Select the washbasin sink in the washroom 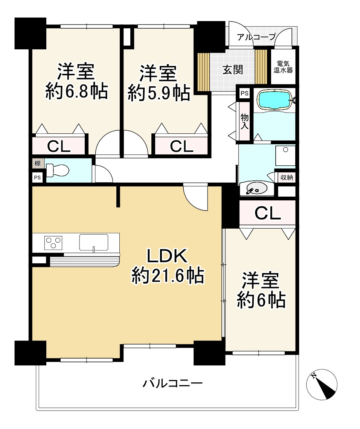click(x=256, y=188)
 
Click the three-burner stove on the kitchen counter click(x=53, y=242)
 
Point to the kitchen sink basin click(x=93, y=242)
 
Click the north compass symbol click(x=322, y=384)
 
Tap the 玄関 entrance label click(x=233, y=70)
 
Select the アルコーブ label click(x=256, y=37)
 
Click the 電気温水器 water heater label click(x=283, y=67)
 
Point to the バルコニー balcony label click(x=172, y=383)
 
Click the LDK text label click(x=168, y=256)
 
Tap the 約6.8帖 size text click(x=76, y=92)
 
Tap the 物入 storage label click(x=244, y=122)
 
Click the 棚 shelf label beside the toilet click(x=38, y=163)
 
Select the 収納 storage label click(x=287, y=177)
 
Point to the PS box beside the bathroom click(x=244, y=93)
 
